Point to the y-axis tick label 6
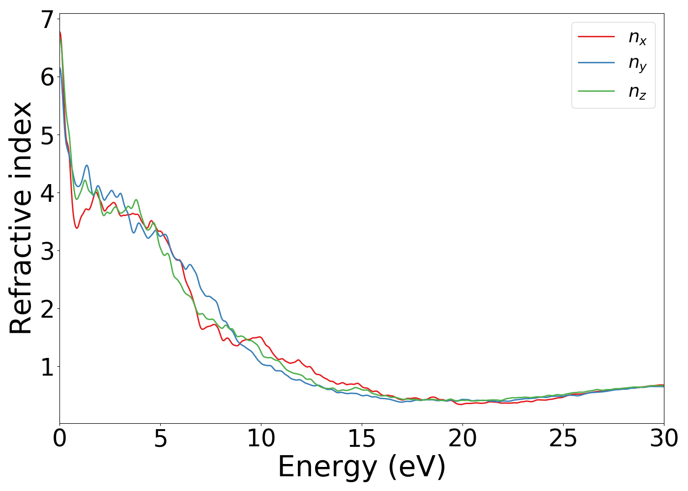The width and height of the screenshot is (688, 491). [x=47, y=77]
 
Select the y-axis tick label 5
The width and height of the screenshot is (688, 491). [x=47, y=135]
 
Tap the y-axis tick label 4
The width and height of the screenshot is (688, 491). [x=47, y=193]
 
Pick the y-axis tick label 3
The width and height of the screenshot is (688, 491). [x=47, y=251]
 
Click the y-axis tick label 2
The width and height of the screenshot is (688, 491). [x=47, y=309]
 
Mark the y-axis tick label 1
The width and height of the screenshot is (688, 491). [x=47, y=367]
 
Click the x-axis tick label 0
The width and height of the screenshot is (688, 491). [x=60, y=438]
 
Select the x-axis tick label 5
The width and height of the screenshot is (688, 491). [x=161, y=438]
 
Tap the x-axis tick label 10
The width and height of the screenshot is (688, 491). [x=261, y=438]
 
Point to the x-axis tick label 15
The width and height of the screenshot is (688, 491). [x=362, y=438]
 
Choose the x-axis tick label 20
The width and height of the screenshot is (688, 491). [x=462, y=438]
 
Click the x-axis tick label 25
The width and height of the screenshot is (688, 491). [x=563, y=438]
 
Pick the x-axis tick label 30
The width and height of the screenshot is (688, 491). [x=664, y=438]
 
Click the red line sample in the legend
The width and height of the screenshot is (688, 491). [x=596, y=36]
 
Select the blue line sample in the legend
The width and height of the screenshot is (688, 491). [x=596, y=63]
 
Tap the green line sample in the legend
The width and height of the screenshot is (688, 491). [x=596, y=91]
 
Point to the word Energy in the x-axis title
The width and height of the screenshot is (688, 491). [x=329, y=467]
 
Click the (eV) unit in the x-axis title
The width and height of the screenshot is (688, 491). [x=417, y=467]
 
